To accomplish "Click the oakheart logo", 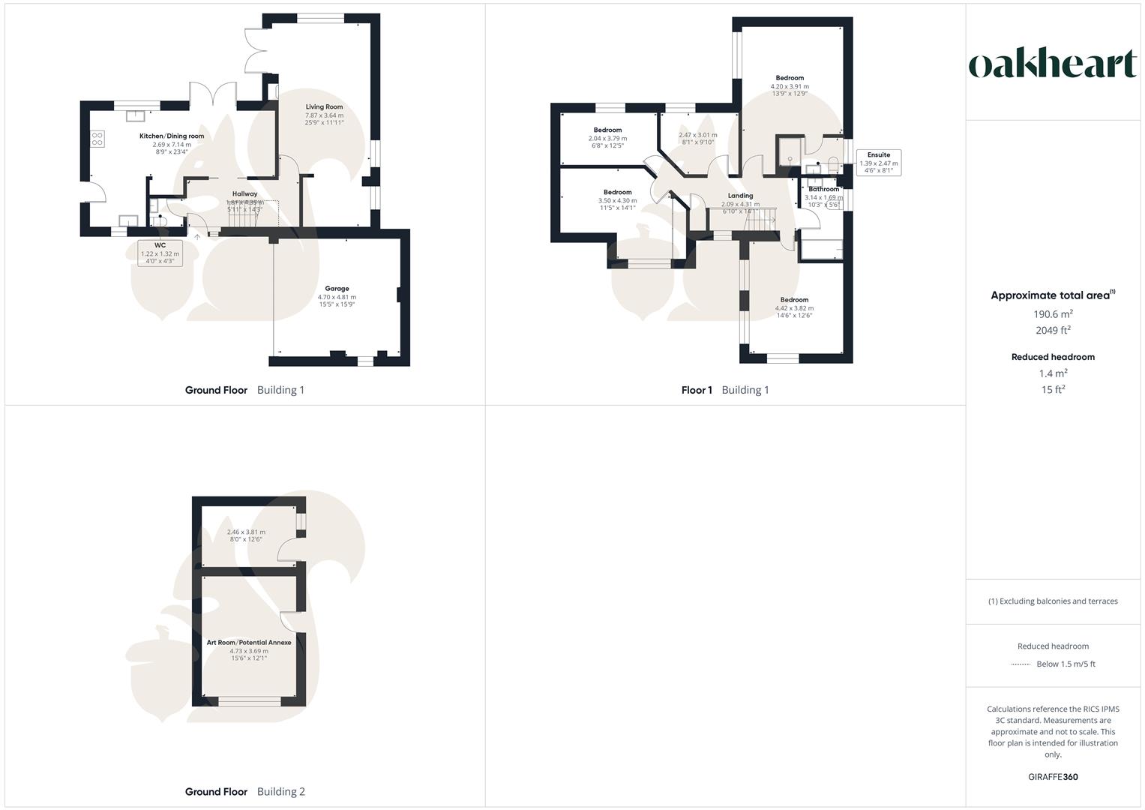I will click(1053, 64).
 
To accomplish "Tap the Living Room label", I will click(324, 107).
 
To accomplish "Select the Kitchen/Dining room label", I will click(172, 136).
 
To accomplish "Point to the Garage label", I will click(337, 289).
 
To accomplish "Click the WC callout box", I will click(160, 253).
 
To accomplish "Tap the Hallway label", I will click(244, 194).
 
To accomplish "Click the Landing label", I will click(740, 196).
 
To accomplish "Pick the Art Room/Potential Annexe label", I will click(249, 643).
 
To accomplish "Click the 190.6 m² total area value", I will click(1053, 315).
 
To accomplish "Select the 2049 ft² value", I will click(1053, 331).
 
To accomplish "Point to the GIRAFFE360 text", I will click(1053, 777).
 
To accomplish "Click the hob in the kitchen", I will click(97, 138).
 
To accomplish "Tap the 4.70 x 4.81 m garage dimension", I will click(337, 297).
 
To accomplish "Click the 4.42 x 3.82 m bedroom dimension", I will click(794, 308).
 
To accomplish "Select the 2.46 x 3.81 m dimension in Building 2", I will click(246, 532).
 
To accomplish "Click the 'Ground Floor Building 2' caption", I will click(245, 792).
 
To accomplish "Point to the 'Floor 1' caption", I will click(697, 390).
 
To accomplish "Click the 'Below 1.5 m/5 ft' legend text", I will click(1066, 664).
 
